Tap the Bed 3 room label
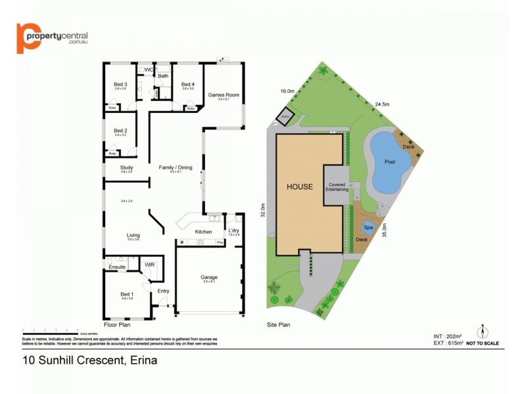(120, 84)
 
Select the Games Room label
(224, 95)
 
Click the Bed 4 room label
(188, 84)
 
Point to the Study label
(126, 167)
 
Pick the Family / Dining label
(176, 167)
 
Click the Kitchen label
(203, 232)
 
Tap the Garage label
(209, 277)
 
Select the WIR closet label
(149, 265)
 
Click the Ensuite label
(117, 267)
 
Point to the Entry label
(163, 291)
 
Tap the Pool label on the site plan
(389, 162)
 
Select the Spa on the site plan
(368, 228)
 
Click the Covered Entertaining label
(338, 186)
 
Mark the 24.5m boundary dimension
(383, 104)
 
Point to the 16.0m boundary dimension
(287, 91)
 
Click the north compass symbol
(482, 332)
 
